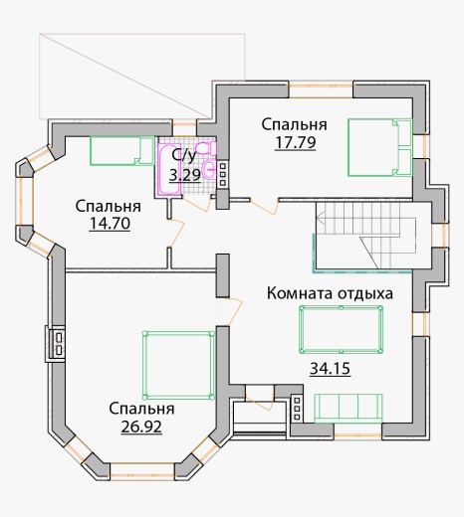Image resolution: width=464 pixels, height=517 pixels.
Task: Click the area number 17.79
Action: click(295, 143)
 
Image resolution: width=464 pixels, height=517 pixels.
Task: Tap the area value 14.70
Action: click(110, 224)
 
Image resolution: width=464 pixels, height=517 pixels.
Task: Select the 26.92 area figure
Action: click(141, 427)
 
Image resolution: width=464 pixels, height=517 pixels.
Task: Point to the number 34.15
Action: click(330, 368)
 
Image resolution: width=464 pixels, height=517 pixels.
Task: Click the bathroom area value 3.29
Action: click(185, 175)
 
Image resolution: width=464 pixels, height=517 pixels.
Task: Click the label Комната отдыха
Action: click(330, 293)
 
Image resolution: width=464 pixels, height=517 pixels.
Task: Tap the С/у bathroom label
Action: click(184, 155)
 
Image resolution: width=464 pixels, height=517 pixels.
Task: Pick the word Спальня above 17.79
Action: click(295, 124)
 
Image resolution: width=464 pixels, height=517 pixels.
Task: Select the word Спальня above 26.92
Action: click(141, 409)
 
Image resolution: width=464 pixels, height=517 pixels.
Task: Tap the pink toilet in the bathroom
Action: click(206, 147)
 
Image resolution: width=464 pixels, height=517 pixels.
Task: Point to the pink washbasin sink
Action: click(210, 170)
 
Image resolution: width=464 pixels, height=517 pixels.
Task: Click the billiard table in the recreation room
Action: click(342, 330)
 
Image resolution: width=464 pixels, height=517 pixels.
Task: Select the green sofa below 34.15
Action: click(348, 409)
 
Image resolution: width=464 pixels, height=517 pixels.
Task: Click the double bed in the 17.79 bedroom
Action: click(379, 147)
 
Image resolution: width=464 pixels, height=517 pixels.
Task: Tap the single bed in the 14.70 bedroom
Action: click(122, 151)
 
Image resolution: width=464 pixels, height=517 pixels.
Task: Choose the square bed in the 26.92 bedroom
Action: click(178, 365)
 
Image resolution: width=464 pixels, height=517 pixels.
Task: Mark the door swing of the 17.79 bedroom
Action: click(264, 207)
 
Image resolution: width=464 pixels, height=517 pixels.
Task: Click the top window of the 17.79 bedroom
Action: click(321, 91)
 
